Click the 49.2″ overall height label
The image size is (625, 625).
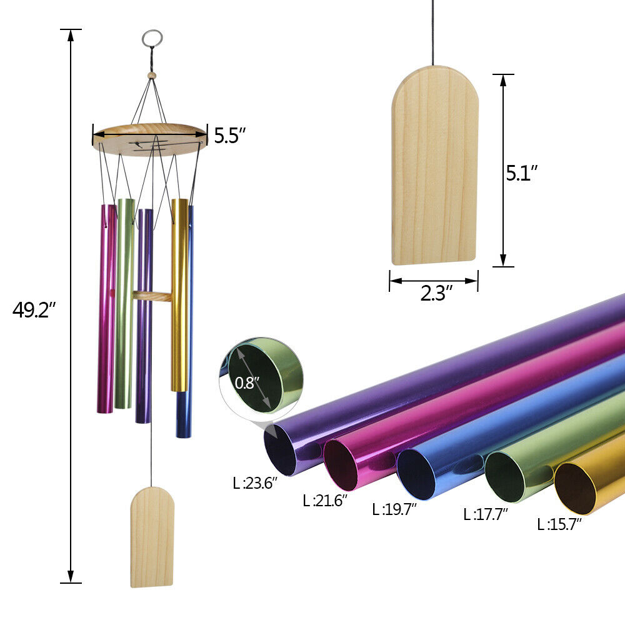click(x=34, y=310)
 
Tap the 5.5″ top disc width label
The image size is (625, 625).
click(x=230, y=136)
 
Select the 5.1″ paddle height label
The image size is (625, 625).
click(x=522, y=172)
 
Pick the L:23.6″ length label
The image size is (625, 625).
click(x=254, y=483)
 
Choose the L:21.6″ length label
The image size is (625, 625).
click(x=324, y=500)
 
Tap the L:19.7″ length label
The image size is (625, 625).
click(x=394, y=509)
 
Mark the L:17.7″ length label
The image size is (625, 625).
click(x=486, y=515)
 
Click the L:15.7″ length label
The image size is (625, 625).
click(x=559, y=524)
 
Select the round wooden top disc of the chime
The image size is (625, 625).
click(x=150, y=139)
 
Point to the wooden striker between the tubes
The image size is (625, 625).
click(x=152, y=296)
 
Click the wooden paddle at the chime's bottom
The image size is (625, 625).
click(x=152, y=537)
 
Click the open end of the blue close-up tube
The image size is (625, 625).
click(x=416, y=474)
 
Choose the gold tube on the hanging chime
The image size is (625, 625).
click(x=179, y=294)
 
